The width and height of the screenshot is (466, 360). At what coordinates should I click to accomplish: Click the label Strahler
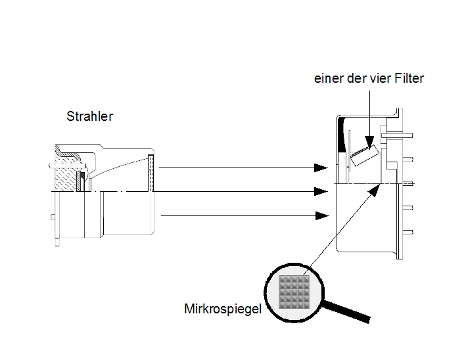point(90,116)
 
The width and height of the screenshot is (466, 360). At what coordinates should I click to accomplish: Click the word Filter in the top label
point(409,78)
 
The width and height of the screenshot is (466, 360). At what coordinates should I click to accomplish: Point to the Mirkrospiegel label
point(223,309)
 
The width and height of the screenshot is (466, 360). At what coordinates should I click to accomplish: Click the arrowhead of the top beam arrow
point(321,168)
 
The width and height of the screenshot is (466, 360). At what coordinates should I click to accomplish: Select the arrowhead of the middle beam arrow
point(321,191)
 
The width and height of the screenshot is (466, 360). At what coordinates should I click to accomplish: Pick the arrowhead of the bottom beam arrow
point(322,215)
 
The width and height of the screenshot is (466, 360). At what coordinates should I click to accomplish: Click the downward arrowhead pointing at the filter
point(369,142)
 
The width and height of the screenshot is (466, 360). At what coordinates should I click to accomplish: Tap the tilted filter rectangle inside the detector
point(365,155)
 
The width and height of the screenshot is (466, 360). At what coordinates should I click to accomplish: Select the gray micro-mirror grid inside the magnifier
point(294,292)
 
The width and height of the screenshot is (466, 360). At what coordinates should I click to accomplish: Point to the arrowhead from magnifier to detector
point(375,190)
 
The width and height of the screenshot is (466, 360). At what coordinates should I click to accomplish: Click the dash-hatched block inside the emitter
point(66,176)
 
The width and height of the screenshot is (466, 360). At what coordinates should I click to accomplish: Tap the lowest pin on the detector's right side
point(408,232)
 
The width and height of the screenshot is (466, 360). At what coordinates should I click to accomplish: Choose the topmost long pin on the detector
point(398,135)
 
